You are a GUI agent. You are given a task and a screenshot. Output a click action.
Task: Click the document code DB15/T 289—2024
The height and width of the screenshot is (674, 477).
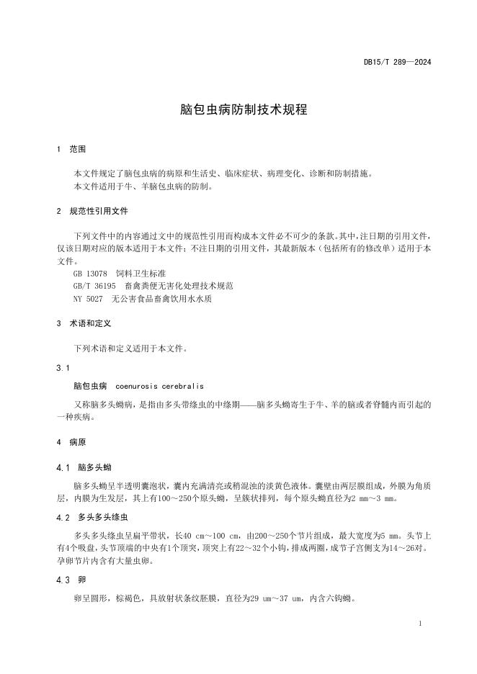point(397,63)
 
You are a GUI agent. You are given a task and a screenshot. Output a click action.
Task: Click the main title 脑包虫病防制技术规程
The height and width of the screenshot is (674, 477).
point(239,110)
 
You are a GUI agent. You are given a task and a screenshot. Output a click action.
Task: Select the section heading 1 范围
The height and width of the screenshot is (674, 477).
point(71,150)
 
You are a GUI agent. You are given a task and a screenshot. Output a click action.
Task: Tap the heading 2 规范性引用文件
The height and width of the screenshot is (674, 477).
point(92,212)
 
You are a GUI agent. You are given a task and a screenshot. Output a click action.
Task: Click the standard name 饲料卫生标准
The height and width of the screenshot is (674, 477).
point(141,274)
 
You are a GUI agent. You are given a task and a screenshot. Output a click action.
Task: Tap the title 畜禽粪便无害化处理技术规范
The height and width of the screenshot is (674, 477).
point(179,286)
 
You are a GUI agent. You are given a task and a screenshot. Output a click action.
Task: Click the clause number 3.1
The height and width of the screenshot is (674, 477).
point(63,368)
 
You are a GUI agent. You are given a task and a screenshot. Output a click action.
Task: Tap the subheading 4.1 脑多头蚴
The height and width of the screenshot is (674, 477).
point(84,467)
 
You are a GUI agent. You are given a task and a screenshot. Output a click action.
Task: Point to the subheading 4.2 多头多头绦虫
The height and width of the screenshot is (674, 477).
point(94,517)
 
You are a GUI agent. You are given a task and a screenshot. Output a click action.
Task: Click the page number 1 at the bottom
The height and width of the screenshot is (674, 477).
point(419,624)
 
